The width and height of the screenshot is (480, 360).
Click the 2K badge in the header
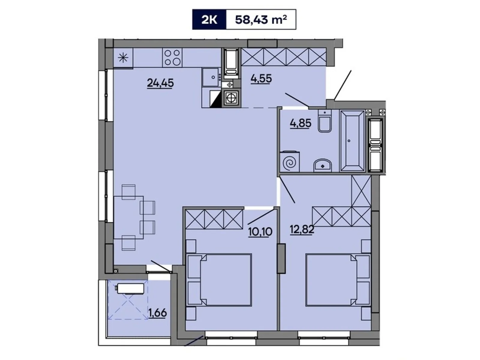209,20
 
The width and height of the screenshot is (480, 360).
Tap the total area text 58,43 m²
261,20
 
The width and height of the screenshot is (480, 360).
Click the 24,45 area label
160,82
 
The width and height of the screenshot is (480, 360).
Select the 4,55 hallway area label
261,79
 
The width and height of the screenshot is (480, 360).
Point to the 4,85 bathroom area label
300,123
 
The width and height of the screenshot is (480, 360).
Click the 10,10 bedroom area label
260,232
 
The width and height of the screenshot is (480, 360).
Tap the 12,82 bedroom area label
301,229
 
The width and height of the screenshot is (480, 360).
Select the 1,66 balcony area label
157,313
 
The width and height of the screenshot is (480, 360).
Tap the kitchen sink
211,77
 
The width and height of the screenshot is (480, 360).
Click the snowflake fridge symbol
123,58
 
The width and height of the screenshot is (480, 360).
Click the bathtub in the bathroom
352,141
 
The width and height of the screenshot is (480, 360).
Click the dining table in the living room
128,217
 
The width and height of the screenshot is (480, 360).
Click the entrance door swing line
342,85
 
